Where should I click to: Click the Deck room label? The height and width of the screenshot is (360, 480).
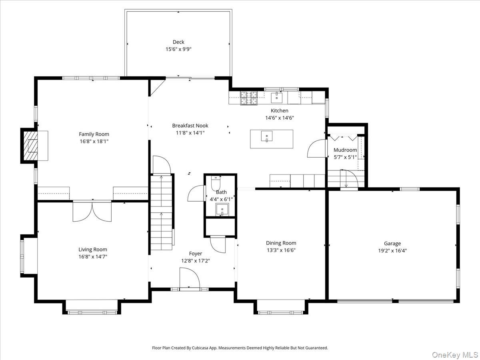click(178, 42)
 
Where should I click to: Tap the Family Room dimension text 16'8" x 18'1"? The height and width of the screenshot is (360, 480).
click(94, 141)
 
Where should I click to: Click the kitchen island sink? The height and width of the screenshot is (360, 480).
click(266, 136)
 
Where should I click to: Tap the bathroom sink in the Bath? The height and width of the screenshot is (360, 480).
click(222, 209)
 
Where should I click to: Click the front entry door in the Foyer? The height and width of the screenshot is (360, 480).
click(190, 278)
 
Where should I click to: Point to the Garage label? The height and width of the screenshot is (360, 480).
click(392, 243)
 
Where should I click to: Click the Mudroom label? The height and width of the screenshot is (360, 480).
click(345, 150)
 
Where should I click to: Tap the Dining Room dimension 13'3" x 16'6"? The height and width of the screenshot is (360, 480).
click(281, 250)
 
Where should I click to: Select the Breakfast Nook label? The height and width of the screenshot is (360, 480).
click(190, 126)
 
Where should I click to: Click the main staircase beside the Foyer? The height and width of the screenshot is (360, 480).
click(161, 212)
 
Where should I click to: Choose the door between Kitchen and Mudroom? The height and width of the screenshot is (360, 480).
click(316, 148)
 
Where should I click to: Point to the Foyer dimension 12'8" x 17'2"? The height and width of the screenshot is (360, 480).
click(195, 260)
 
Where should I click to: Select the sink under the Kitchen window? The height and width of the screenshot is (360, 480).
click(276, 97)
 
